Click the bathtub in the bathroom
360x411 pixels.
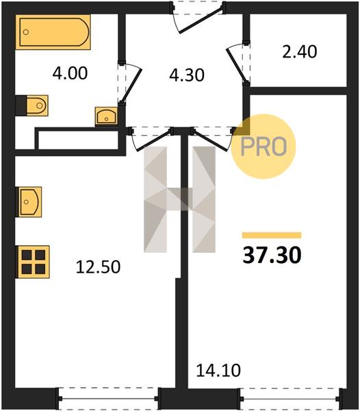53,32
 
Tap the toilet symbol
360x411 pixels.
32,105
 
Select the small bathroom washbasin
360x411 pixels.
106,116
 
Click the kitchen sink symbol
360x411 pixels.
29,202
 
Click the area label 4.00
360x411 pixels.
70,73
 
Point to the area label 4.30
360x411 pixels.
187,75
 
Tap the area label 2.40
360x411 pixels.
300,51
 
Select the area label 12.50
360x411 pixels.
98,267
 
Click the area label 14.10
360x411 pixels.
218,371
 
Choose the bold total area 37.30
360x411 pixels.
272,256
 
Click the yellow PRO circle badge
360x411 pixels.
263,147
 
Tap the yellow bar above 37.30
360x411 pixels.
272,235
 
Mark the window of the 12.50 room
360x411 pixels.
108,399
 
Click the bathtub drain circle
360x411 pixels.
25,32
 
